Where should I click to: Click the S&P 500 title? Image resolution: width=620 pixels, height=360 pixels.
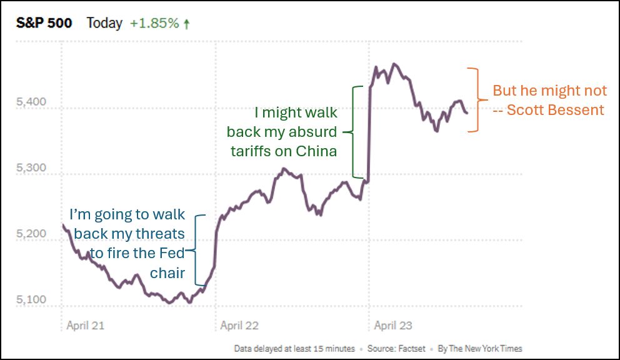(x=44, y=24)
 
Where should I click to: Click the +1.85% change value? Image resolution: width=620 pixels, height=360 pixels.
(x=154, y=24)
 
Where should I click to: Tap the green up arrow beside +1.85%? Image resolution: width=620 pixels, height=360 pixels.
(x=186, y=24)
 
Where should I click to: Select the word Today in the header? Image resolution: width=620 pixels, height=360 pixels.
(x=104, y=24)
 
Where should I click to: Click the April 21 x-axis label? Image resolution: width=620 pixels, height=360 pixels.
(x=86, y=326)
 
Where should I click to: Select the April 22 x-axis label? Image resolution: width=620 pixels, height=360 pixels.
(x=239, y=326)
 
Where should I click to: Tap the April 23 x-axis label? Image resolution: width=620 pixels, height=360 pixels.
(x=393, y=326)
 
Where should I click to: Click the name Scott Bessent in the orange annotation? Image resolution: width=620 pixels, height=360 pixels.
(x=556, y=110)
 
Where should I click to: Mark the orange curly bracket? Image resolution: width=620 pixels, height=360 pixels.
(x=474, y=99)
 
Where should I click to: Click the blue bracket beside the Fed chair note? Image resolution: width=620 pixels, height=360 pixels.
(x=199, y=251)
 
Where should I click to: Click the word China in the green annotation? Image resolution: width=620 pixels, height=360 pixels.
(x=317, y=151)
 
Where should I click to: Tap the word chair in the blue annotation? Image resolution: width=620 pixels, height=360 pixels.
(x=167, y=273)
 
